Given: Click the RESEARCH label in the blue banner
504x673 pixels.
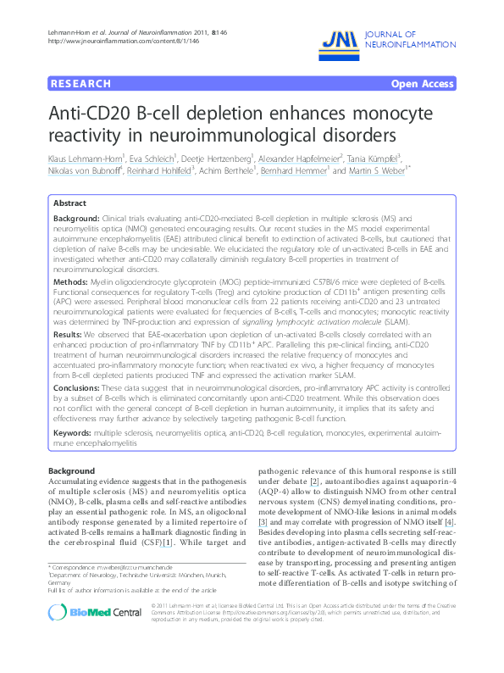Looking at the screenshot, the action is [x=80, y=84].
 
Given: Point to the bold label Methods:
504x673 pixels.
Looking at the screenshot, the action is [x=70, y=279].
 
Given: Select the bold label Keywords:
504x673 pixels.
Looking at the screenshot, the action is [x=73, y=433].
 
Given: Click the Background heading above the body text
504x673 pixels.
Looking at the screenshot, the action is [x=72, y=470].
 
